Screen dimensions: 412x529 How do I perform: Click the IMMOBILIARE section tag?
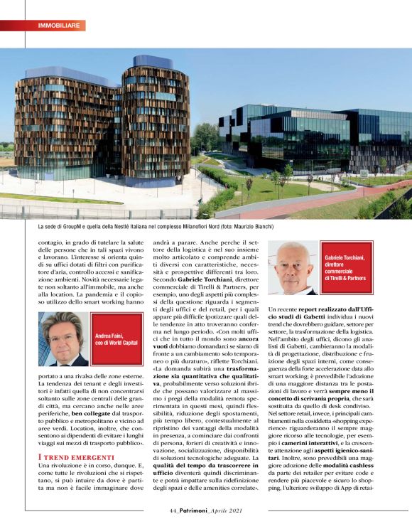tap(58, 26)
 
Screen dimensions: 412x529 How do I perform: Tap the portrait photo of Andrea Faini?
tap(65, 338)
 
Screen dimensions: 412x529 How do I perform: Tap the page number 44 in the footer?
tap(173, 509)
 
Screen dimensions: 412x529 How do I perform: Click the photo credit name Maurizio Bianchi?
tap(250, 227)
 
